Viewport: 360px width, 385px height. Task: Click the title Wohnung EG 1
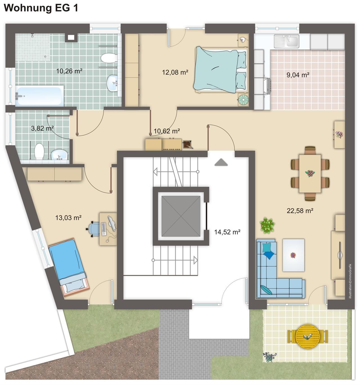click(41, 8)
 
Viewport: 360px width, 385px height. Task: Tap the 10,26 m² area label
click(69, 71)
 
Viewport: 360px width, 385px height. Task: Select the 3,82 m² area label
click(42, 128)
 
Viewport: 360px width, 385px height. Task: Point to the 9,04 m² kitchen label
click(298, 75)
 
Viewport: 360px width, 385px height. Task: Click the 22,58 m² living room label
click(300, 210)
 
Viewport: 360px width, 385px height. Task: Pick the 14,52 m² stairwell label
click(227, 232)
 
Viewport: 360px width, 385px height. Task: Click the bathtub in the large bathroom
click(39, 96)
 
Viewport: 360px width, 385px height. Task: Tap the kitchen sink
click(286, 41)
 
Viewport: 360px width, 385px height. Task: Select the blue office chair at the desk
click(93, 229)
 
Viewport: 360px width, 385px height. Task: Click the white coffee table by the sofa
click(293, 255)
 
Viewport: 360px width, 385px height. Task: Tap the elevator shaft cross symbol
click(181, 216)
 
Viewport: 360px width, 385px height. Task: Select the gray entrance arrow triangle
click(221, 162)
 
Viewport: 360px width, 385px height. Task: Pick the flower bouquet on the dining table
click(310, 173)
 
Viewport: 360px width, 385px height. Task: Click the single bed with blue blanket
click(69, 268)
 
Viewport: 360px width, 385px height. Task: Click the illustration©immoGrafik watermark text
click(350, 281)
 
